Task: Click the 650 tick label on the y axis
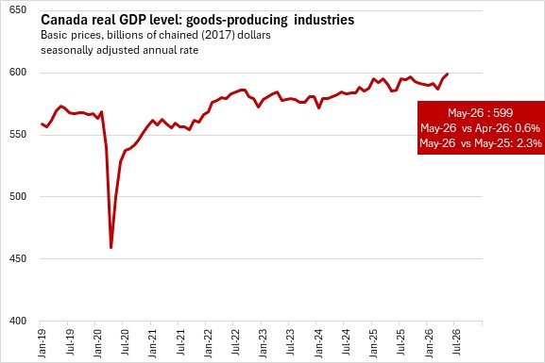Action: click(18, 9)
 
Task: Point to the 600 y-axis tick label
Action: click(18, 72)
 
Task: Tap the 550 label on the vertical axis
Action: click(18, 134)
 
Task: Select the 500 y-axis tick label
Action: click(18, 196)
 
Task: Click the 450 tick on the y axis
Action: click(18, 258)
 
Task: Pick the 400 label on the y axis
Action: click(18, 321)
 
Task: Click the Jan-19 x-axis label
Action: click(42, 343)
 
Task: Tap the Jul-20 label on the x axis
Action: click(125, 342)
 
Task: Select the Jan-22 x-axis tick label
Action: click(208, 343)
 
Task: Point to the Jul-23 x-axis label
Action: click(290, 342)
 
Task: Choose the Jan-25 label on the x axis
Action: click(373, 343)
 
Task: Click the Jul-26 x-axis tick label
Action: click(456, 342)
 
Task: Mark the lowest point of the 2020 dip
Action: click(111, 247)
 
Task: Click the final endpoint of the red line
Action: click(447, 74)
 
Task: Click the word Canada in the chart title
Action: click(64, 20)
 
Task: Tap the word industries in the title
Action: click(324, 20)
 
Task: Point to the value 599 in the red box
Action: click(502, 113)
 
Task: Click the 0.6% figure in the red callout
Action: click(528, 128)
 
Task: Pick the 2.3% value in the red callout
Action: click(529, 143)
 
